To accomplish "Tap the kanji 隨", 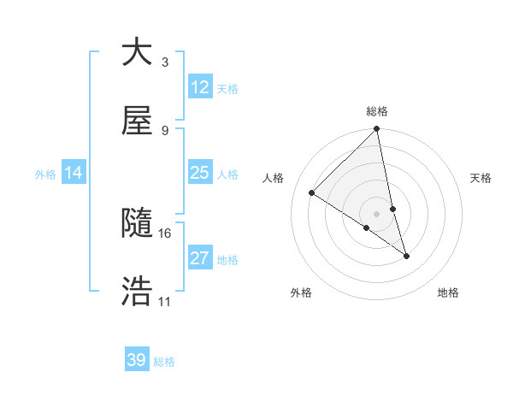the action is tap(137, 224).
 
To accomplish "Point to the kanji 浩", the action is tap(137, 292).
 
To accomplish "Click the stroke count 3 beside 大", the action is tap(165, 62).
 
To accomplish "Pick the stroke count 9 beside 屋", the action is tap(165, 131).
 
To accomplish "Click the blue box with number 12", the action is tap(200, 87).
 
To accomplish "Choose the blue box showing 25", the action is tap(200, 173).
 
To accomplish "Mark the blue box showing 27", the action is tap(200, 258).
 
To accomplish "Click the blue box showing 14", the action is tap(74, 173).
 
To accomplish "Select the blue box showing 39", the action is tap(137, 360).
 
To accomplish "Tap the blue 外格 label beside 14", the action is tap(45, 174).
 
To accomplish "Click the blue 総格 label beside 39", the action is tap(164, 362).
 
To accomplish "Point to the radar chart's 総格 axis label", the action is tap(377, 111).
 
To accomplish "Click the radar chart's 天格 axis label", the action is tap(481, 178).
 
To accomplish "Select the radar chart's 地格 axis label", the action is tap(448, 293).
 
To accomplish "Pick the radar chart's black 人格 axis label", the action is tap(274, 178).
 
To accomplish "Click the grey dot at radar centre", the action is tap(377, 213).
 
